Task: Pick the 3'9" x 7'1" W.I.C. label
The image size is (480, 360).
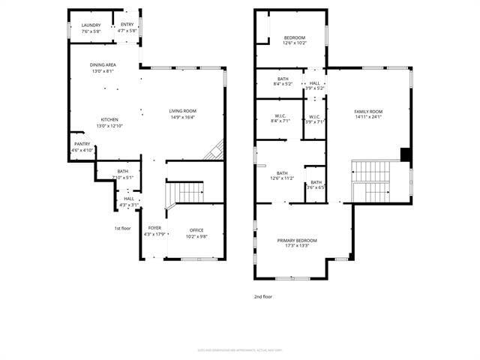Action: pos(314,118)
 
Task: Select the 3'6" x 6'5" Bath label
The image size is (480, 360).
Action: pos(316,184)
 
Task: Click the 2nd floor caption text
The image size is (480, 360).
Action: pos(263,297)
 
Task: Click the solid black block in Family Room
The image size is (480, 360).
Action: pos(406,154)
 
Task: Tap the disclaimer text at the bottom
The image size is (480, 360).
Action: pos(241,349)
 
